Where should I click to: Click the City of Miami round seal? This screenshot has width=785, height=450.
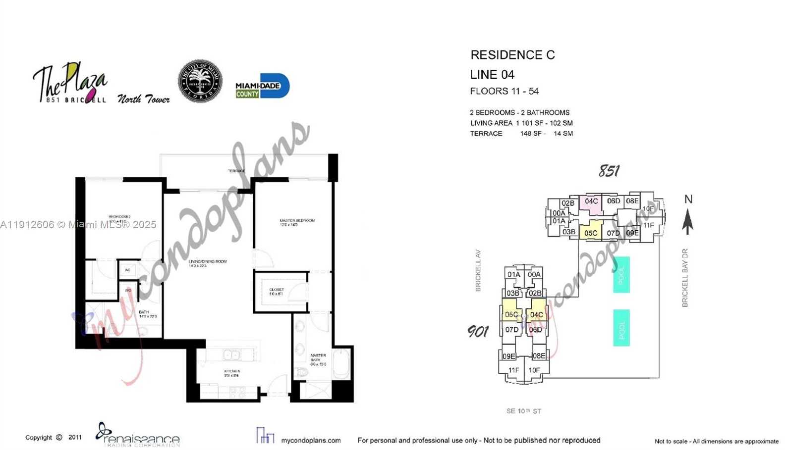click(x=200, y=81)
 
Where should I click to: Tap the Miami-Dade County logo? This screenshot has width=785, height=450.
click(x=262, y=86)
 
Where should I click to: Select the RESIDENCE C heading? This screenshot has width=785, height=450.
click(x=512, y=55)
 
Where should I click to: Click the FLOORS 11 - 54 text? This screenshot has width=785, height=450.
click(x=504, y=91)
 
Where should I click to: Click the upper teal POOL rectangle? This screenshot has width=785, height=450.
click(x=621, y=274)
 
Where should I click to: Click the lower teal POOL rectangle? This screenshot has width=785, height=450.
click(x=621, y=327)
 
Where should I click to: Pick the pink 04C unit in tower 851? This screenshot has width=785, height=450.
click(x=591, y=202)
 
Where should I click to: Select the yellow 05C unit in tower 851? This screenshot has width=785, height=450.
click(x=590, y=233)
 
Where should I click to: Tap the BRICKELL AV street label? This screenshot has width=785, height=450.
click(x=478, y=270)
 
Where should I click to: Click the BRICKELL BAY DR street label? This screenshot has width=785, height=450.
click(x=685, y=278)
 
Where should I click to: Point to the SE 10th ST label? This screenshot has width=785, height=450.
click(x=524, y=411)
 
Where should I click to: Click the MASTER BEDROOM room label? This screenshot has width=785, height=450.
click(x=297, y=221)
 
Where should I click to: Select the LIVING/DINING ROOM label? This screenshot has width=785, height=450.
click(x=208, y=261)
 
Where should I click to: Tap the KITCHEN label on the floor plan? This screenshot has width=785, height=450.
click(x=232, y=371)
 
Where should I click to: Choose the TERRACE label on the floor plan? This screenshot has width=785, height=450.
click(x=236, y=171)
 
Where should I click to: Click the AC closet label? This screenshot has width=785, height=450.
click(x=127, y=270)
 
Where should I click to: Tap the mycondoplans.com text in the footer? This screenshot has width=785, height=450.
click(x=311, y=440)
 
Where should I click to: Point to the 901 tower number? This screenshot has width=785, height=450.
click(x=478, y=331)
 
